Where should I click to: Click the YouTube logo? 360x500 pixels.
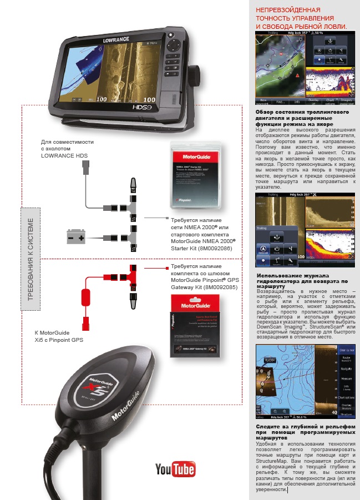coord(175,469)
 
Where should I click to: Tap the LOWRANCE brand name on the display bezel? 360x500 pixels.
coord(115,40)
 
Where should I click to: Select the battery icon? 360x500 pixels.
coord(77,238)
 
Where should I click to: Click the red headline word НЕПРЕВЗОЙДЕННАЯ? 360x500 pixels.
coord(288,11)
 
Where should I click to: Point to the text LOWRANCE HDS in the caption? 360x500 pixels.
coord(65,156)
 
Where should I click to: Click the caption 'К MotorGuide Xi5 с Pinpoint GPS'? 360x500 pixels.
coord(59,336)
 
